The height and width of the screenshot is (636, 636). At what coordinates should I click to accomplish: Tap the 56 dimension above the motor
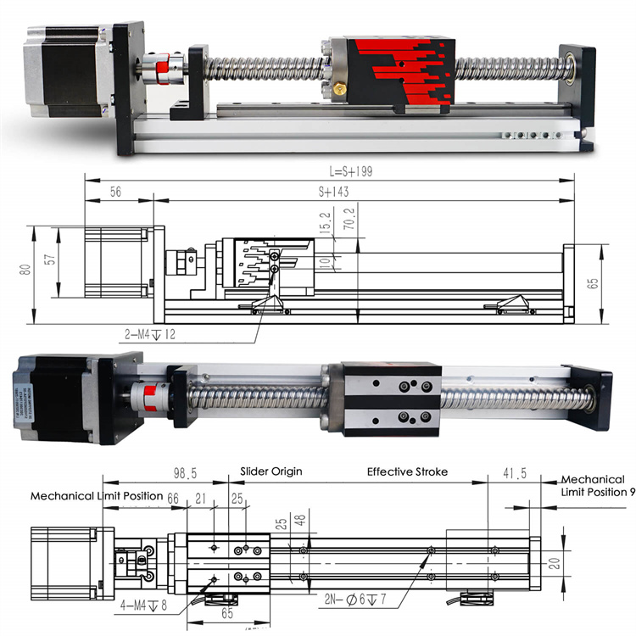coord(115,192)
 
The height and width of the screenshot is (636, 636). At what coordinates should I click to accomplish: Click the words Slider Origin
coord(271,471)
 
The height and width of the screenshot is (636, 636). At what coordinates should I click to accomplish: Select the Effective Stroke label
coord(407,471)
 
